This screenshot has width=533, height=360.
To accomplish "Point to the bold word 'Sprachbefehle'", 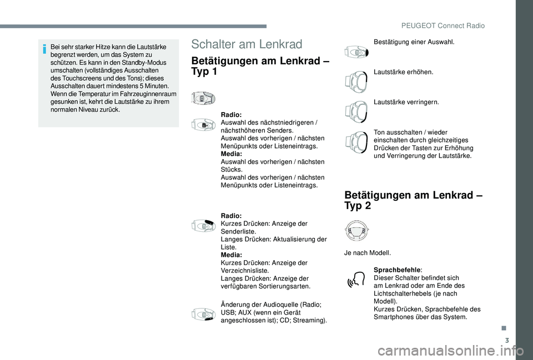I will point(396,270).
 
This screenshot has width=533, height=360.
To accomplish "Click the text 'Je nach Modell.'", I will point(368,253).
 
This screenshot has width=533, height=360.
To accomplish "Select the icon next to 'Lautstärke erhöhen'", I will point(355,82).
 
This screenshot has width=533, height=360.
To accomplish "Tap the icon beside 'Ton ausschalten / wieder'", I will point(355,143).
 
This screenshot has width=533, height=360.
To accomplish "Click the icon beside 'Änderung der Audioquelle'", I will point(203,315).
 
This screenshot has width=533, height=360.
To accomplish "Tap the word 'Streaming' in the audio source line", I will point(311,320).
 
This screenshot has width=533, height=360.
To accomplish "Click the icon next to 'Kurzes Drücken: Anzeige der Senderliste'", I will point(203,226).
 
